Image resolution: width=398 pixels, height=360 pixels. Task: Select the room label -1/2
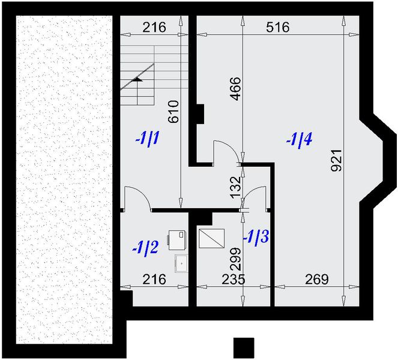click(145, 247)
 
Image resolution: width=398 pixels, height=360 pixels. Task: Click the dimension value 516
click(277, 27)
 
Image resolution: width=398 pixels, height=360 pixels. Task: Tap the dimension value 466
click(235, 88)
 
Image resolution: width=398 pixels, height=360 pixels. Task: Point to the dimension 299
click(235, 260)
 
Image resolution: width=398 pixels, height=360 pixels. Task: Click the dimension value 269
click(316, 279)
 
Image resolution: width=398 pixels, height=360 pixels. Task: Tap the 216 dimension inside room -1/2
click(154, 279)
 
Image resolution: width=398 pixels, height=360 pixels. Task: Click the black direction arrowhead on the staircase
click(137, 78)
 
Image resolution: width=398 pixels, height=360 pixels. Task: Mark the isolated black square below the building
click(244, 348)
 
